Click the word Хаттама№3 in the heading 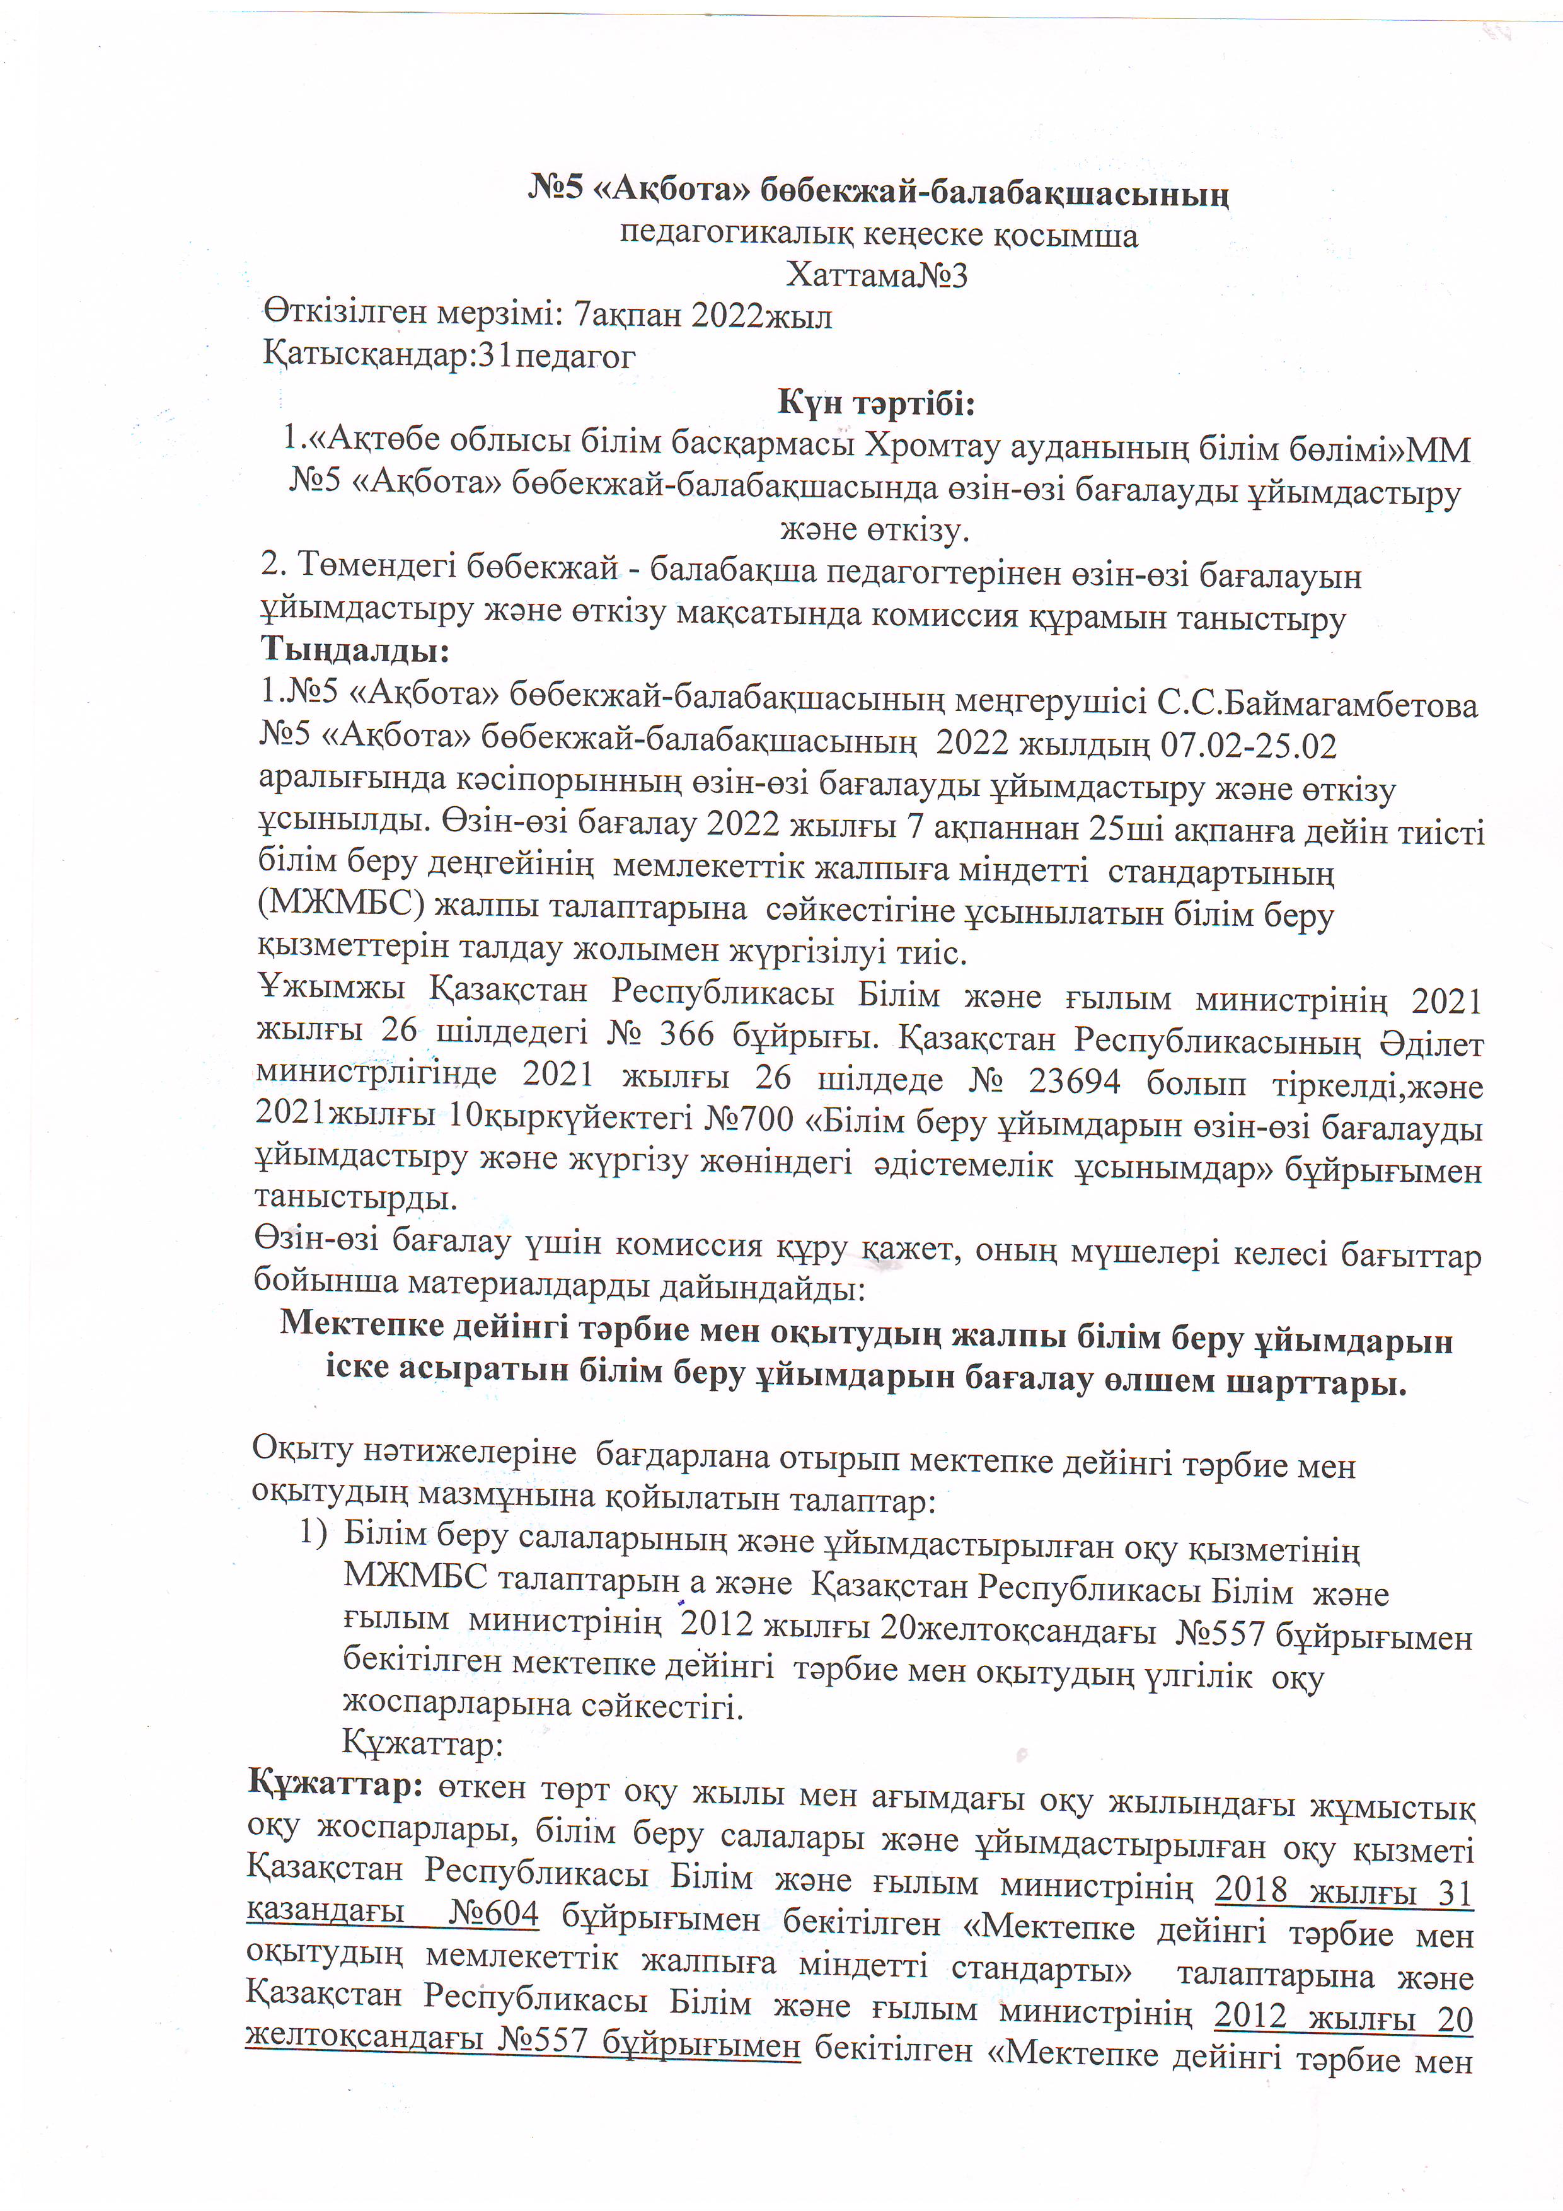point(877,276)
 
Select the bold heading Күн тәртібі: point(877,403)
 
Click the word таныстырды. point(355,1198)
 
